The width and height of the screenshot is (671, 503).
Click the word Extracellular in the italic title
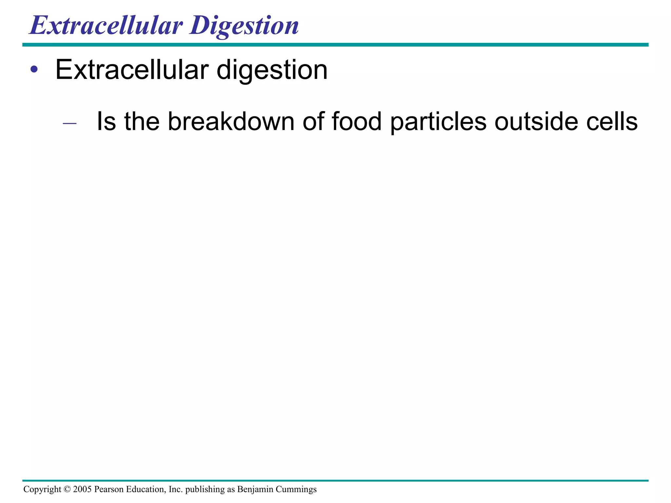105,26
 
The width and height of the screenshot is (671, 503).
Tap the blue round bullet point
34,69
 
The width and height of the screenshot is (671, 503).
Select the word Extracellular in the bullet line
132,70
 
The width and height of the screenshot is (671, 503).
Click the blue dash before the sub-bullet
69,123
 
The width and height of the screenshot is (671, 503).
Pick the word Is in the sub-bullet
106,121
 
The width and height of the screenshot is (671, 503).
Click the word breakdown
231,121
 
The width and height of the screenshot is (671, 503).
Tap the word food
356,121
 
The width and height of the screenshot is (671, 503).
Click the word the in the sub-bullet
142,121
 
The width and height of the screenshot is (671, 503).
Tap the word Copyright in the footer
42,490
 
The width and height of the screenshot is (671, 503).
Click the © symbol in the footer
67,489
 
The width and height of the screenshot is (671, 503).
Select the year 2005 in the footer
82,489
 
